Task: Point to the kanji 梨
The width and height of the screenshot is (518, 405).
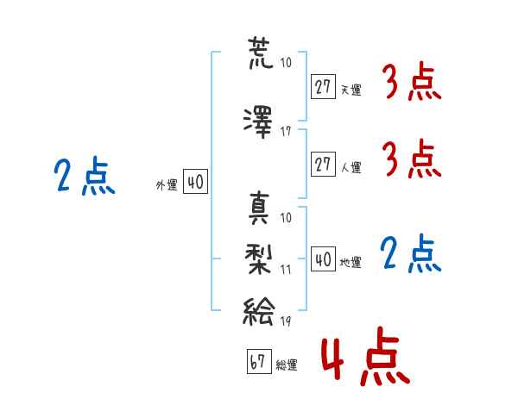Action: point(259,257)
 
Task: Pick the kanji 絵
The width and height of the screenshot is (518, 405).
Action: point(259,308)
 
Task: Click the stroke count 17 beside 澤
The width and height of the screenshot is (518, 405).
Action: point(286,132)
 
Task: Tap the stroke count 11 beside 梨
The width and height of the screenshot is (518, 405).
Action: point(286,269)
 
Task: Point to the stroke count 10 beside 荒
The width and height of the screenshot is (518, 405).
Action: point(286,62)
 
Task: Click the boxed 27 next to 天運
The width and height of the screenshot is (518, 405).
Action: point(324,87)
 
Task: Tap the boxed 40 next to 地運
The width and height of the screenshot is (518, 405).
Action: point(324,259)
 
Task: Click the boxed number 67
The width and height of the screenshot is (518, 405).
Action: point(257,363)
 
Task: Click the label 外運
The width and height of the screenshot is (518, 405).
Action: point(166,184)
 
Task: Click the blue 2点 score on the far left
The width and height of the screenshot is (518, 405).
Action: point(84,178)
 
